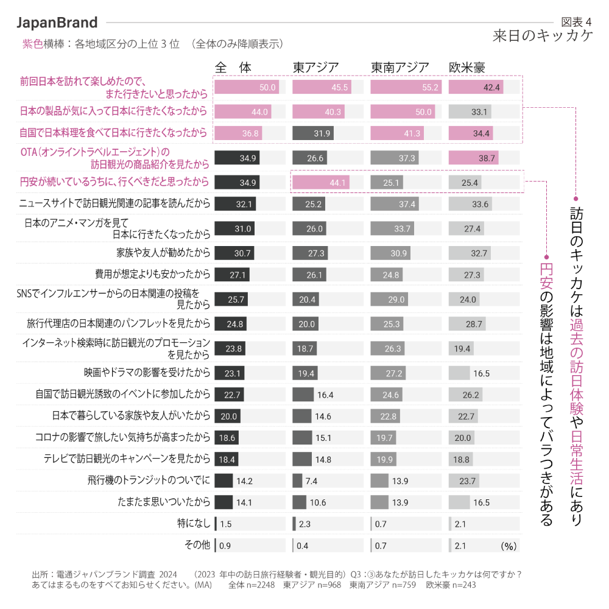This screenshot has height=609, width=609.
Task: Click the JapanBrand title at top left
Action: coord(57,23)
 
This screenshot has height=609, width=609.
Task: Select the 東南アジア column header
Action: coord(400,67)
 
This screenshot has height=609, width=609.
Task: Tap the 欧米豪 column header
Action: coord(467,67)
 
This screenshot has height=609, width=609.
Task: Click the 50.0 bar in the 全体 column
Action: coord(247,88)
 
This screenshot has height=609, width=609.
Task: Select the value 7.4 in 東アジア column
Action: coord(311,481)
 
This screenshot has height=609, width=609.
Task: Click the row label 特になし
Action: coord(193,523)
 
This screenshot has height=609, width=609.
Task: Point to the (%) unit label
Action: coord(509,546)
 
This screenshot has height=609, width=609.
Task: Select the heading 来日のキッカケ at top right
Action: coord(543,37)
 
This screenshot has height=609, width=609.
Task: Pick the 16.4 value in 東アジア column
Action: coord(325,395)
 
